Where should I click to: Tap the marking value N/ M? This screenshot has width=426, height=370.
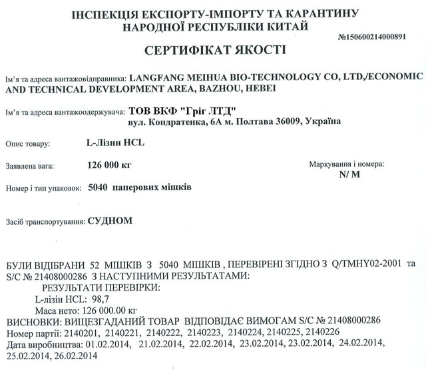coord(349,174)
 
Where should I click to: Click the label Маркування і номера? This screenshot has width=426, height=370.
coord(347,163)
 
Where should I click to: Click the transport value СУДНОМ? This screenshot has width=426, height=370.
coord(110,220)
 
